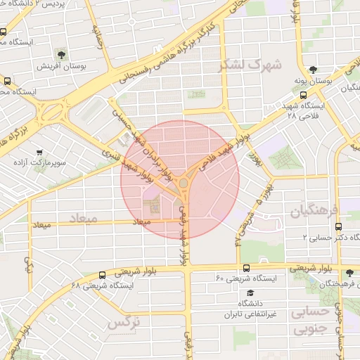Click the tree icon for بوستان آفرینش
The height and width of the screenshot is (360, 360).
pos(63,54)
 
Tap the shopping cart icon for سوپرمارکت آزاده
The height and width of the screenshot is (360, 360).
pos(39,151)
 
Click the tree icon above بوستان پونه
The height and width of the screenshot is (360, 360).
pos(313,70)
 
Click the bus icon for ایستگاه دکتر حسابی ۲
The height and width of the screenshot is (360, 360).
pos(339,226)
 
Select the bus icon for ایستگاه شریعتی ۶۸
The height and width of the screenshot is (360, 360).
pos(103,275)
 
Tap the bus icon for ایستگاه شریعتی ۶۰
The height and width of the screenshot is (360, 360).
pos(246,268)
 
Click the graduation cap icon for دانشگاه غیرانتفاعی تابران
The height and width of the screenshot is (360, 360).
pos(250,292)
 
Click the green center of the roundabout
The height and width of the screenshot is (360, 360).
pos(183,184)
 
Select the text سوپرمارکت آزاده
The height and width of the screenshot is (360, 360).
pos(44,162)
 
